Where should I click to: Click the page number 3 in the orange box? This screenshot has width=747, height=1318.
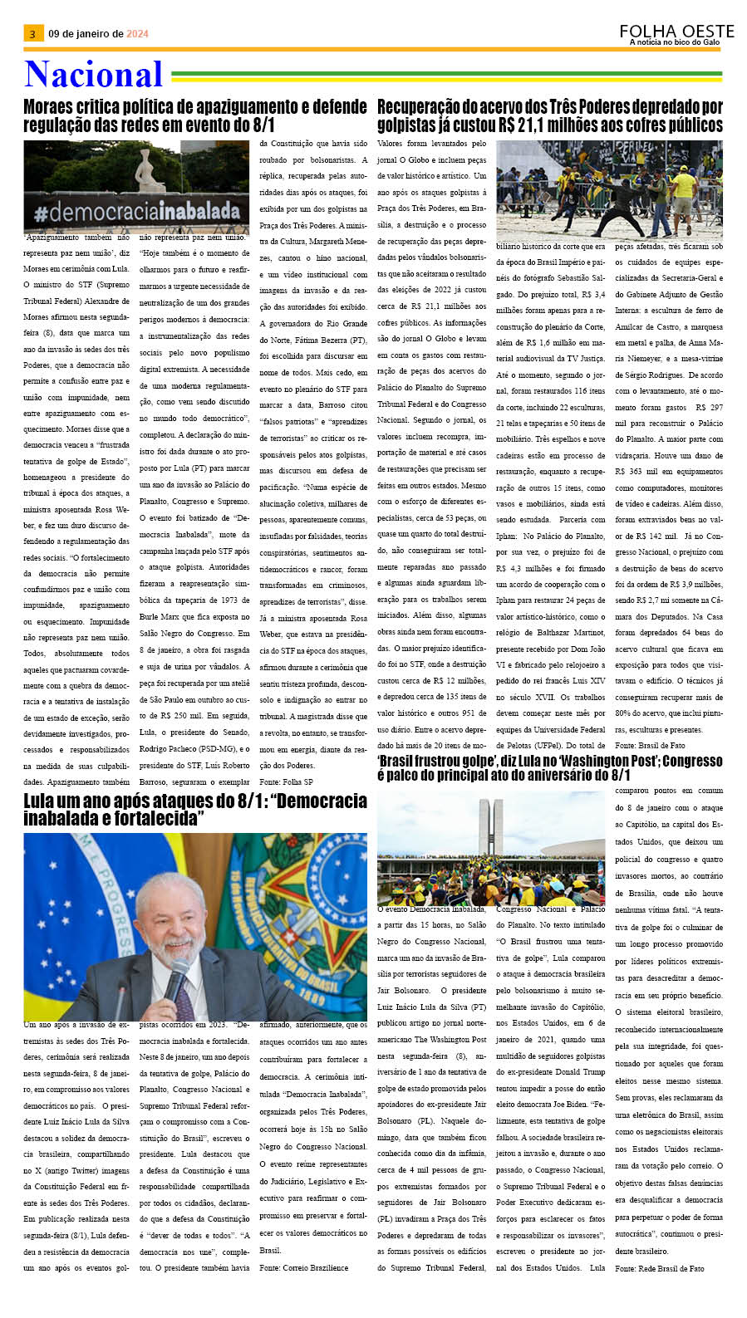(x=32, y=34)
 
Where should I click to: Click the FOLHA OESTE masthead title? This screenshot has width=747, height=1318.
(x=676, y=31)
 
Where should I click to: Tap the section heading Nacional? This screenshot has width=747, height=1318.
(x=93, y=75)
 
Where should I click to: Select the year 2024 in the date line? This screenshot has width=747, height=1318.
(x=137, y=34)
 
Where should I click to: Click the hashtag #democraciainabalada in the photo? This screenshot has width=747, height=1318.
(x=136, y=213)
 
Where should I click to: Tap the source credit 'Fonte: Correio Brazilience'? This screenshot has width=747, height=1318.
(x=303, y=1267)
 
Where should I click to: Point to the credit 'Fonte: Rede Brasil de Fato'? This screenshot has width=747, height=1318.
(x=659, y=1268)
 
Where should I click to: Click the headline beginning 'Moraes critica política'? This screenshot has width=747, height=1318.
(x=194, y=115)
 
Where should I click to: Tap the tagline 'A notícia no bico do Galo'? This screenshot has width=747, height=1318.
(x=675, y=42)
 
